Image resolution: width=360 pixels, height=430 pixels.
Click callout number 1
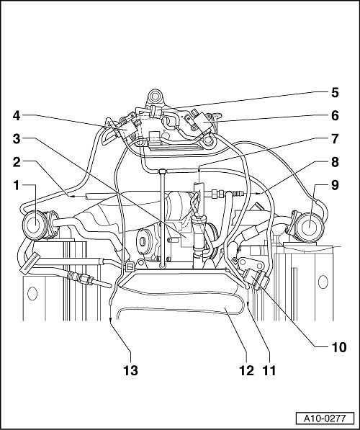(x=17, y=186)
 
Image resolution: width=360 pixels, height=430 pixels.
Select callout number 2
(x=17, y=162)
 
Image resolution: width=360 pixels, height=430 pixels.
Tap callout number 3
(x=17, y=139)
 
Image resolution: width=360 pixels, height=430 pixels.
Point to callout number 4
(x=17, y=115)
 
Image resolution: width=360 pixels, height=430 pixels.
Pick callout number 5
(x=335, y=93)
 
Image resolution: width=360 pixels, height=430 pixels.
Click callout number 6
(x=335, y=115)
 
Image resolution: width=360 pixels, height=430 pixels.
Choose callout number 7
(x=335, y=139)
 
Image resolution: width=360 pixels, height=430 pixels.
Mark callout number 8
(x=335, y=162)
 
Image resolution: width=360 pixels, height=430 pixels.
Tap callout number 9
(x=335, y=186)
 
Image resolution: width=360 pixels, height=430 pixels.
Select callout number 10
(x=339, y=347)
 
